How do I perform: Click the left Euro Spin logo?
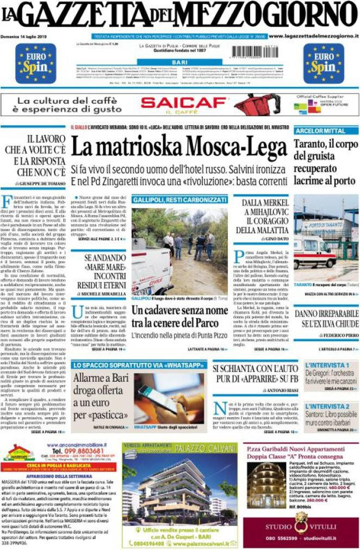[35, 63]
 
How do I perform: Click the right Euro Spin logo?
[324, 63]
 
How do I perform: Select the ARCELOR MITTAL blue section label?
[320, 131]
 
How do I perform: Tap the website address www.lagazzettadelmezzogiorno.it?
[314, 36]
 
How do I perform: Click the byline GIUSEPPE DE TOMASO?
[37, 184]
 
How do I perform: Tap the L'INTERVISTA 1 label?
[327, 365]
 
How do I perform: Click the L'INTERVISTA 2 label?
[327, 406]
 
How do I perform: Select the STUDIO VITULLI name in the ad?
[301, 527]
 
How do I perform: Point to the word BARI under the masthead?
[179, 63]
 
